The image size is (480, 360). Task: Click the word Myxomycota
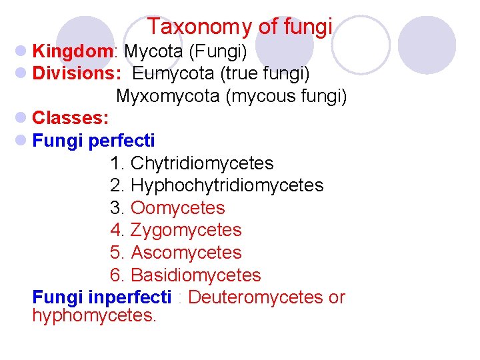pyautogui.click(x=168, y=96)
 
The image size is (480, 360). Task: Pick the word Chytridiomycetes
pyautogui.click(x=202, y=163)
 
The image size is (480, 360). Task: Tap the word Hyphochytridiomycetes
pyautogui.click(x=227, y=185)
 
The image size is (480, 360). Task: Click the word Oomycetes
pyautogui.click(x=178, y=208)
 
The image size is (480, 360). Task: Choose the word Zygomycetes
pyautogui.click(x=186, y=230)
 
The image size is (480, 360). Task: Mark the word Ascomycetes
pyautogui.click(x=186, y=253)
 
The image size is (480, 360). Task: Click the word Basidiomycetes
pyautogui.click(x=196, y=275)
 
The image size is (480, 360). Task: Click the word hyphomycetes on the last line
pyautogui.click(x=93, y=315)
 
